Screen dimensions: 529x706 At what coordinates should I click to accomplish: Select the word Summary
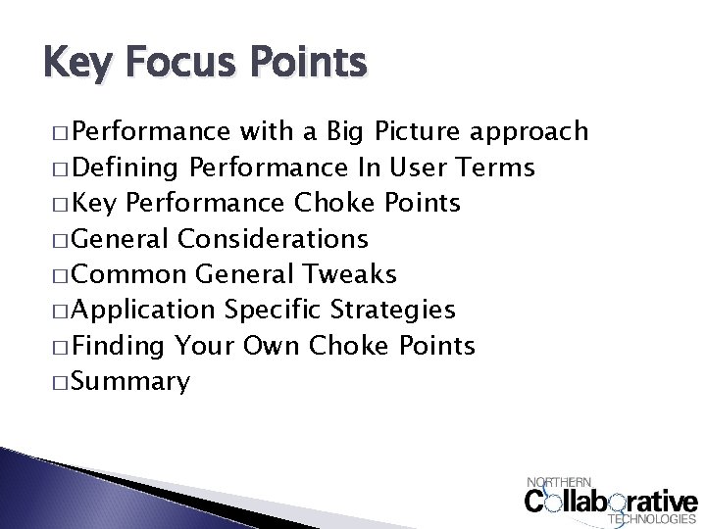130,382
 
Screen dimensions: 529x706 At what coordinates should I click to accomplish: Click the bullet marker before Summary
55,382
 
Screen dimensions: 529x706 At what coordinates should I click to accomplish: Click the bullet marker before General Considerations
55,238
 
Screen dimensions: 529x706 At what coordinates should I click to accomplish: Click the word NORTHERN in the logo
560,481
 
